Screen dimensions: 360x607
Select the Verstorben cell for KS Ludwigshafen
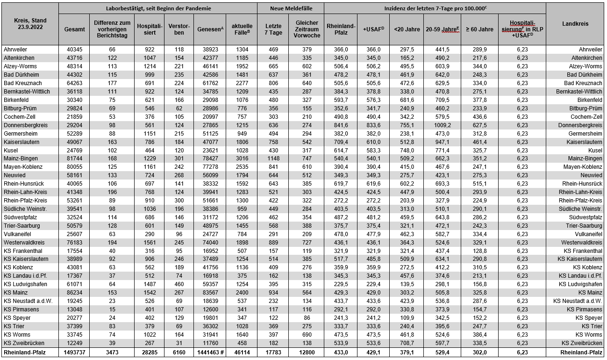pyautogui.click(x=179, y=284)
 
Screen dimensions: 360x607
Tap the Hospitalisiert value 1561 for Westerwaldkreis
pyautogui.click(x=149, y=242)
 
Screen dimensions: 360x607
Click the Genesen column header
pyautogui.click(x=209, y=29)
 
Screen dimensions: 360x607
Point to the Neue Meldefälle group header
pyautogui.click(x=290, y=8)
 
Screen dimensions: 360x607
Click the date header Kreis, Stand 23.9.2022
pyautogui.click(x=29, y=24)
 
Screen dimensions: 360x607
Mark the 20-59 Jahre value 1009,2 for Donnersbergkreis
pyautogui.click(x=442, y=125)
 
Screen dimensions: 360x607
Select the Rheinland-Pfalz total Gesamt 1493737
pyautogui.click(x=74, y=352)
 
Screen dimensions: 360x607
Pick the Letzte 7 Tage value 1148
pyautogui.click(x=273, y=158)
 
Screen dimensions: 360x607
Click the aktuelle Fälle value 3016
pyautogui.click(x=241, y=158)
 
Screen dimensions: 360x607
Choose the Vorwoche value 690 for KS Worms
pyautogui.click(x=307, y=334)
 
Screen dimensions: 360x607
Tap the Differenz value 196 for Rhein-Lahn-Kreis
pyautogui.click(x=112, y=192)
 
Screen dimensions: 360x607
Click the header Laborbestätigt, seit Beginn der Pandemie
pyautogui.click(x=158, y=8)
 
